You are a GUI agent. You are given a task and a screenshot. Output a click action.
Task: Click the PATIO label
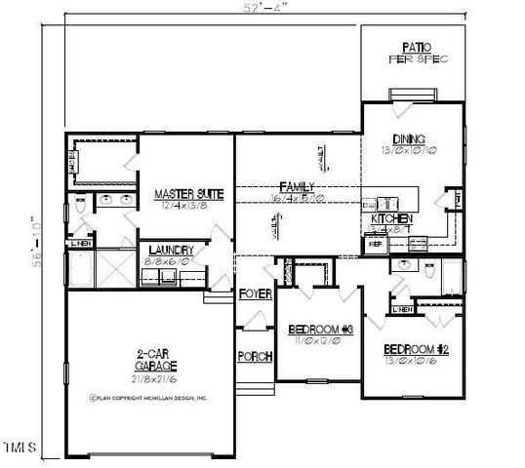coord(417,47)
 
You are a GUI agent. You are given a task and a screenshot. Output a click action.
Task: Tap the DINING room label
coord(408,138)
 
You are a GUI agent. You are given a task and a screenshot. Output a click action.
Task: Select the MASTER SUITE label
coord(188,195)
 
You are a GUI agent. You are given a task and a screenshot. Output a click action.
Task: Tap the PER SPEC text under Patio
coord(417,58)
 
